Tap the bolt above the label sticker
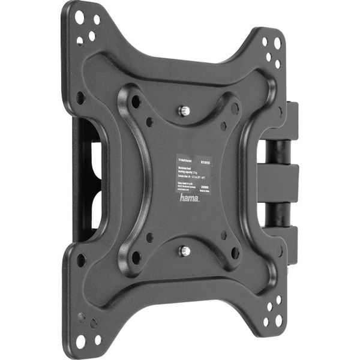185,110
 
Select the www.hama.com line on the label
182,189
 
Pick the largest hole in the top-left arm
79,17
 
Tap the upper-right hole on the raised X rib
236,109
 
